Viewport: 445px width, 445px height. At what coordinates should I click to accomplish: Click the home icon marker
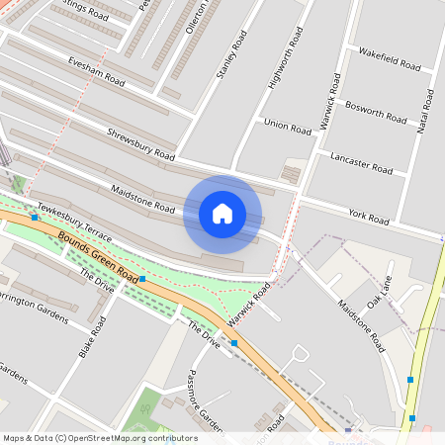(x=222, y=214)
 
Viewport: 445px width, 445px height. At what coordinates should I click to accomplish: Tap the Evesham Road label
(x=96, y=69)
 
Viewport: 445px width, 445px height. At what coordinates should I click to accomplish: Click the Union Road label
(x=288, y=126)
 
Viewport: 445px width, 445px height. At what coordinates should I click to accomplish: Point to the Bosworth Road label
(x=376, y=111)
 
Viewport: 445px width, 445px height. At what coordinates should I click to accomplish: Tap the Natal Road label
(x=426, y=114)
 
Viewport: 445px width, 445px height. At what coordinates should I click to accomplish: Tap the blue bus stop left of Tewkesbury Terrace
(x=35, y=217)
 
